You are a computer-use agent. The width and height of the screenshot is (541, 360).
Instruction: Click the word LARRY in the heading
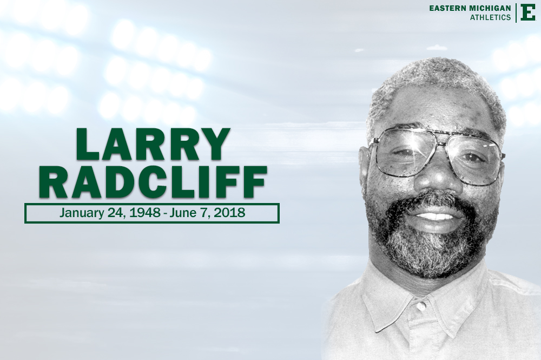[x=153, y=145]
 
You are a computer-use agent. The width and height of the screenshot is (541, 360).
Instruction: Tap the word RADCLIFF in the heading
[x=153, y=182]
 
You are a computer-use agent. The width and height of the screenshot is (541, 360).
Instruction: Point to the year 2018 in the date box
[x=229, y=213]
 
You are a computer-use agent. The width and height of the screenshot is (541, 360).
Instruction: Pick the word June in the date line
[x=182, y=213]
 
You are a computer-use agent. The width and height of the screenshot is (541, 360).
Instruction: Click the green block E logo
[x=527, y=12]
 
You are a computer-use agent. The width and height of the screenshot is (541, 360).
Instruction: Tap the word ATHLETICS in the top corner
[x=491, y=17]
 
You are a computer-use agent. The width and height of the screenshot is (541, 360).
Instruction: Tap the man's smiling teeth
[x=436, y=216]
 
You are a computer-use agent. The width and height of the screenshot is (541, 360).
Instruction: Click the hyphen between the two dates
[x=165, y=213]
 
